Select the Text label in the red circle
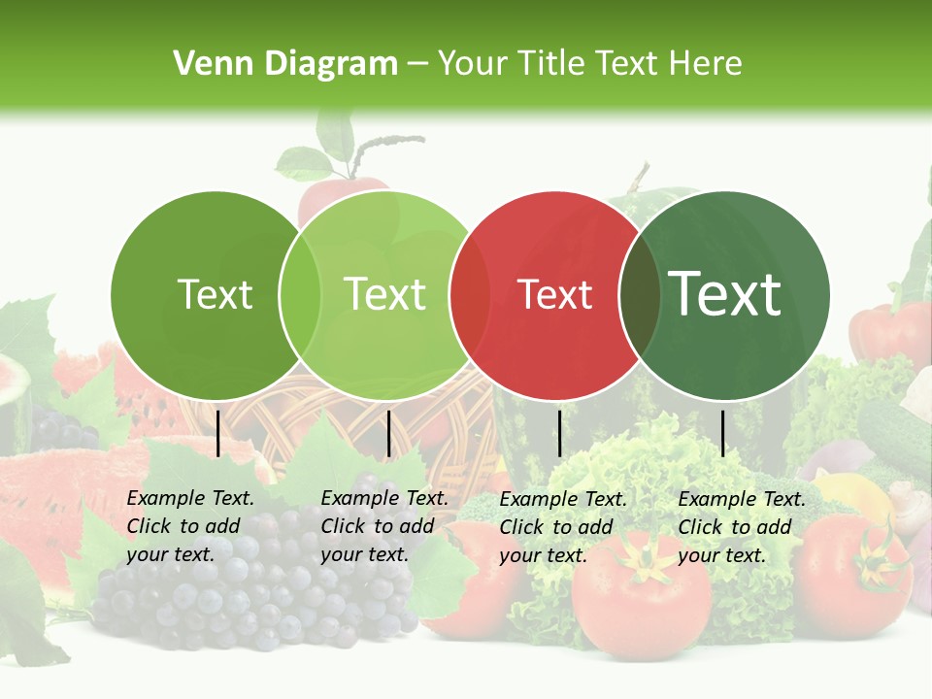[x=555, y=295]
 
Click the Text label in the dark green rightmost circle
[x=725, y=294]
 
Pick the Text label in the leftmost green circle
[x=215, y=295]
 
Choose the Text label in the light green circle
[x=385, y=294]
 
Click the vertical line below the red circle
[x=560, y=433]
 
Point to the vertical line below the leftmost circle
[x=218, y=433]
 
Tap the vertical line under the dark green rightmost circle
[x=723, y=433]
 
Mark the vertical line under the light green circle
[x=388, y=433]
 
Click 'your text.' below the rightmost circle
[x=721, y=555]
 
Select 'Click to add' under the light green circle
[x=377, y=526]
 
